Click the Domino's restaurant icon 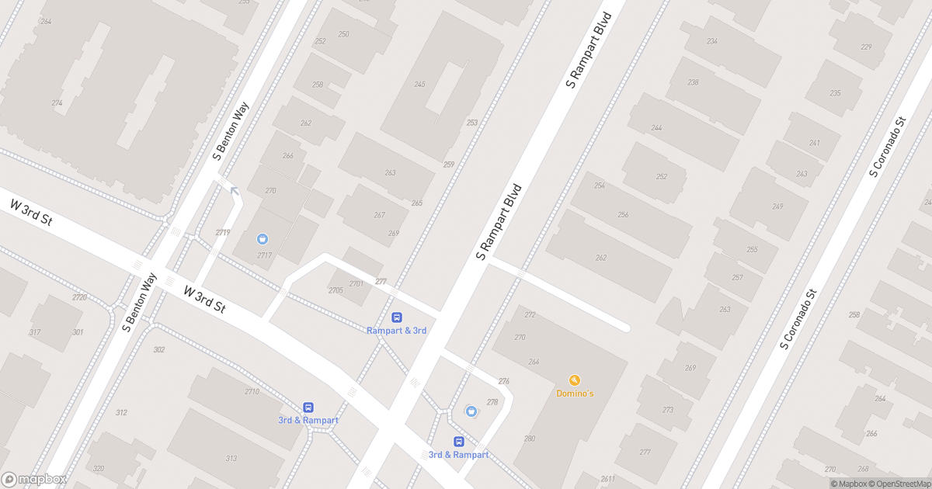coord(575,380)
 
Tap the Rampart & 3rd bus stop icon coord(397,317)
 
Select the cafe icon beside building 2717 coord(263,238)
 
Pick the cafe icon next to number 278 coord(470,411)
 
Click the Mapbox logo coord(34,479)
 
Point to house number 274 coord(57,102)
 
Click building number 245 coord(420,85)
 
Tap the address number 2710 coord(252,391)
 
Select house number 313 coord(231,458)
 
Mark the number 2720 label coord(79,297)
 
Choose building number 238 coord(694,82)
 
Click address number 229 coord(866,47)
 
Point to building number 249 coord(777,206)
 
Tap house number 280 coord(530,439)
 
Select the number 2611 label coord(608,479)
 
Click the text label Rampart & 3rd coord(397,331)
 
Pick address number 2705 coord(336,290)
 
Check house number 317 coord(34,332)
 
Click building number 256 coord(622,215)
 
